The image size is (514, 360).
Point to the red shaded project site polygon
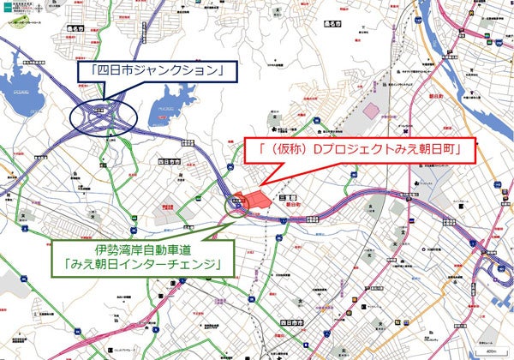[250, 199]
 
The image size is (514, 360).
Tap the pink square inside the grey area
[370, 111]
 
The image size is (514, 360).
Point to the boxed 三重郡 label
[288, 196]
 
